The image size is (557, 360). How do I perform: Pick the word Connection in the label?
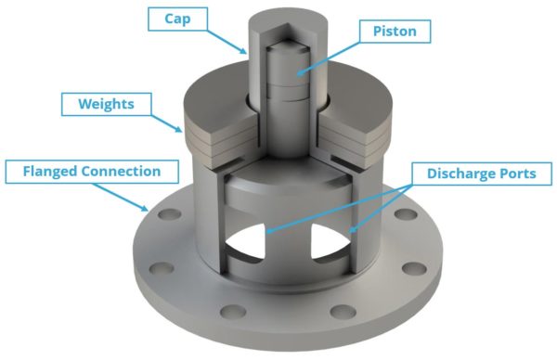pos(122,172)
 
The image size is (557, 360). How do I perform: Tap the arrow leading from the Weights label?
pos(164,122)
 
